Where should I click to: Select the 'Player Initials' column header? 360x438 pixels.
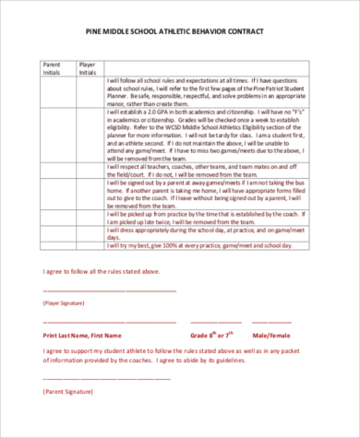pyautogui.click(x=88, y=68)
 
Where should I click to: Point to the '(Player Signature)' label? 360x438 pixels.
pyautogui.click(x=63, y=302)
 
